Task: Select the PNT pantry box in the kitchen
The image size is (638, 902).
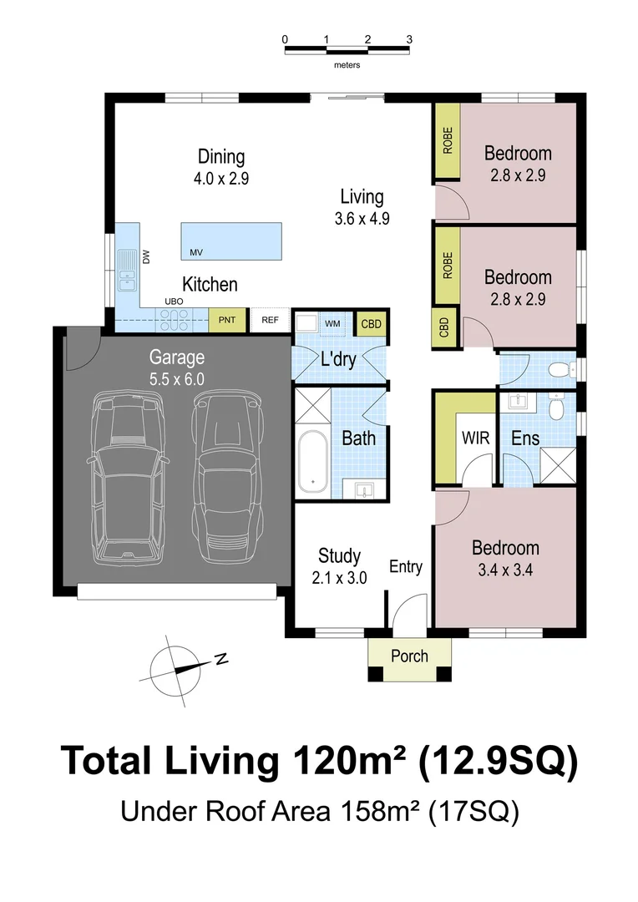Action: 227,320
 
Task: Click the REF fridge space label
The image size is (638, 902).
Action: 270,320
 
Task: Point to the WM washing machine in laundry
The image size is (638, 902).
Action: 332,322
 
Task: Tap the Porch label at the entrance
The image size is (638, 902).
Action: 409,656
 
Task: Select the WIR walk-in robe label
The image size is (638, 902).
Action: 475,438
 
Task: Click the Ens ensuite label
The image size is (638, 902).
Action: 525,438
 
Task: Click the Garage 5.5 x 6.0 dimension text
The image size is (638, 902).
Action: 176,378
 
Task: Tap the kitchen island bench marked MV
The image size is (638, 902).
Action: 232,241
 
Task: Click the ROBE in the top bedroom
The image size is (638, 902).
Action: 448,141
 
